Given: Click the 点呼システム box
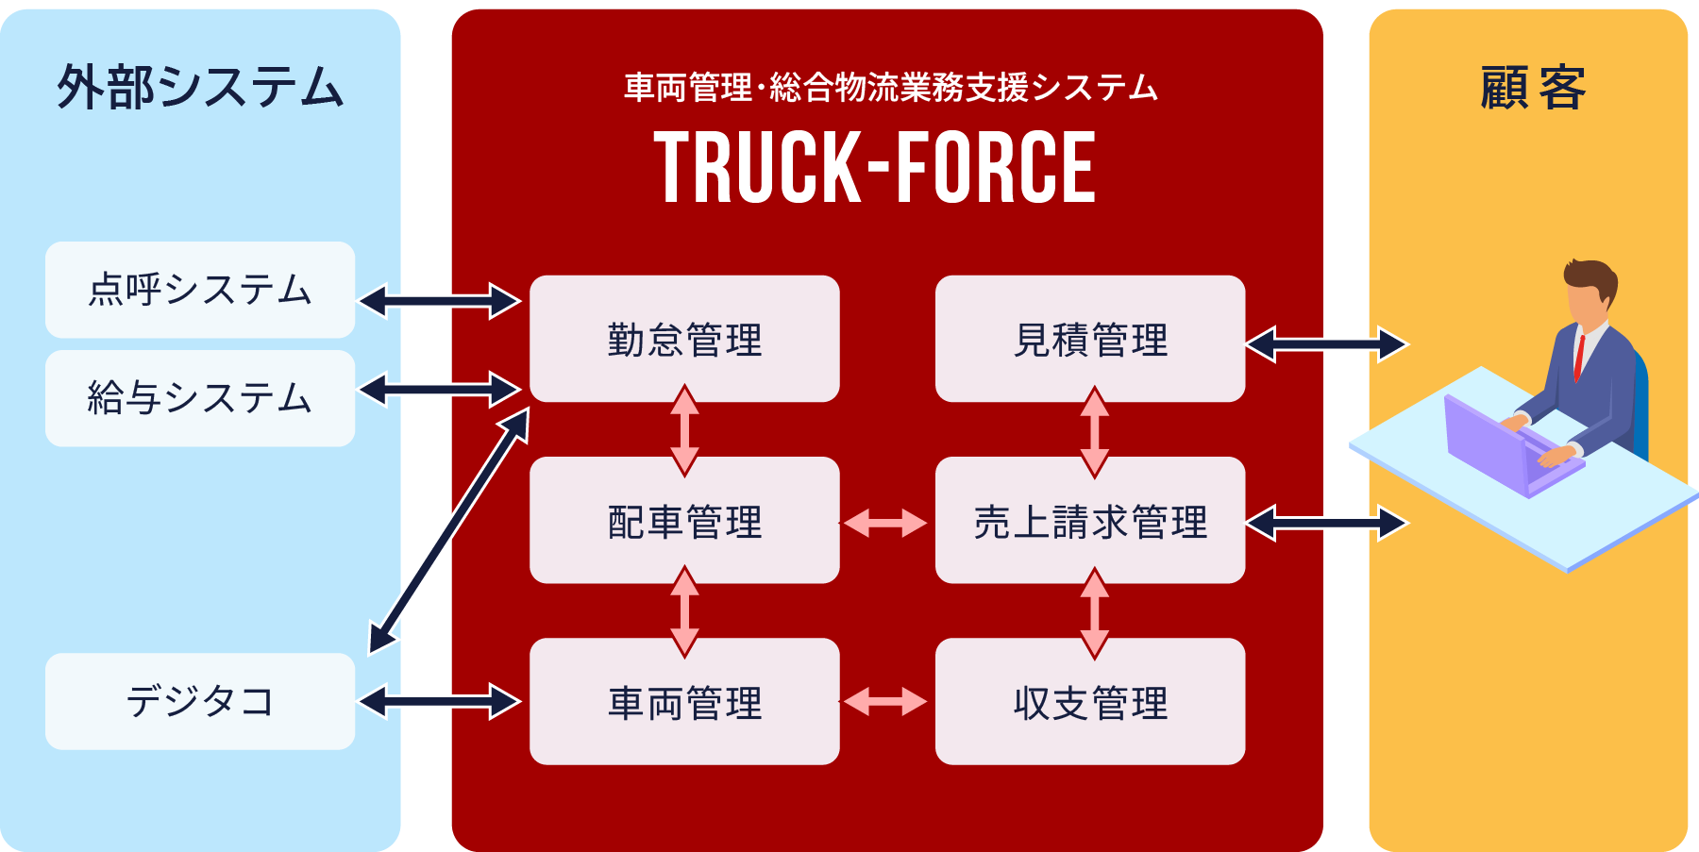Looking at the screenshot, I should click(200, 290).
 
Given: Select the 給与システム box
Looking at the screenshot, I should click(200, 398).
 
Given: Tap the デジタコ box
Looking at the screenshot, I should click(200, 701).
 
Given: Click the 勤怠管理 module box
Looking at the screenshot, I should click(684, 339).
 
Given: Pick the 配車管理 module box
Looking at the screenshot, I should click(684, 520).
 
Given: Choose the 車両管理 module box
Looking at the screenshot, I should click(684, 701).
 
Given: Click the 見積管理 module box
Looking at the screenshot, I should click(1090, 339).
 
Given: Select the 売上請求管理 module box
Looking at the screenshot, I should click(1090, 520).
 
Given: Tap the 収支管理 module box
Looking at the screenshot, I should click(1090, 701).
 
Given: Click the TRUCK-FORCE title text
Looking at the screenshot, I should click(875, 168).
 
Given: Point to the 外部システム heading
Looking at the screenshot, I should click(200, 87).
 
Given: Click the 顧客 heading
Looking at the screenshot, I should click(1532, 88).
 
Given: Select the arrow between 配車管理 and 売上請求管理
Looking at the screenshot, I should click(884, 523).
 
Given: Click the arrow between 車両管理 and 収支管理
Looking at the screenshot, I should click(884, 702).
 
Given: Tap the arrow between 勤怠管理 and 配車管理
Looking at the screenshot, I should click(684, 430).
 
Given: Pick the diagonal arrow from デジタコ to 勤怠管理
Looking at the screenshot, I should click(449, 532).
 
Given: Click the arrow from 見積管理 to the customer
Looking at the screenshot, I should click(1326, 344).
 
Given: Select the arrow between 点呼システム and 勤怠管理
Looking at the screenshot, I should click(440, 301).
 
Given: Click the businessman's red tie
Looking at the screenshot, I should click(1578, 356).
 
